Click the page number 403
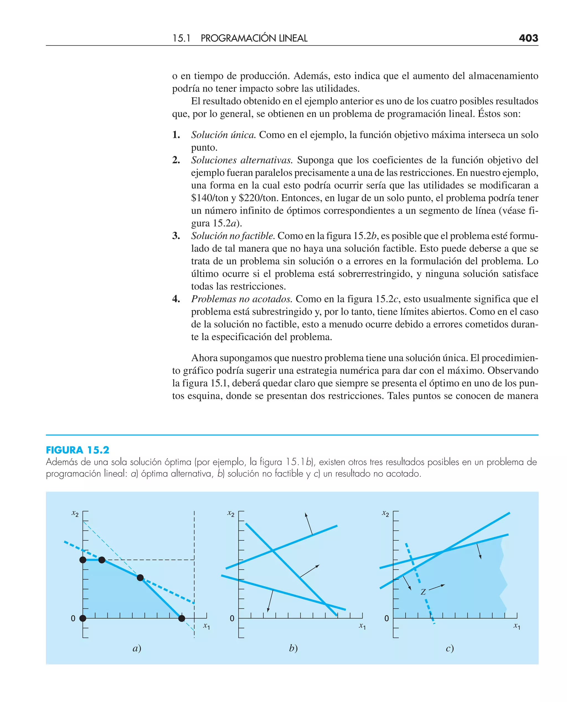pos(528,38)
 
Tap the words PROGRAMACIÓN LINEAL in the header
pos(254,38)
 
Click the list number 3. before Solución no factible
pos(176,236)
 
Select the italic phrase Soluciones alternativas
pos(242,160)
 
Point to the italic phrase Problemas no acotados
pos(242,299)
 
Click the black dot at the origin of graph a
pos(83,618)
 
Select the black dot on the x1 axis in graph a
pos(182,618)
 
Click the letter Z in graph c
pos(423,592)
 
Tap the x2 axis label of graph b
pos(231,513)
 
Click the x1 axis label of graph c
pos(517,626)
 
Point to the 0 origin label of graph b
pos(232,618)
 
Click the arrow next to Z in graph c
pos(437,588)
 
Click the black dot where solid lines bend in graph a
pos(140,578)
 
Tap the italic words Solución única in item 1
pos(223,135)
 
